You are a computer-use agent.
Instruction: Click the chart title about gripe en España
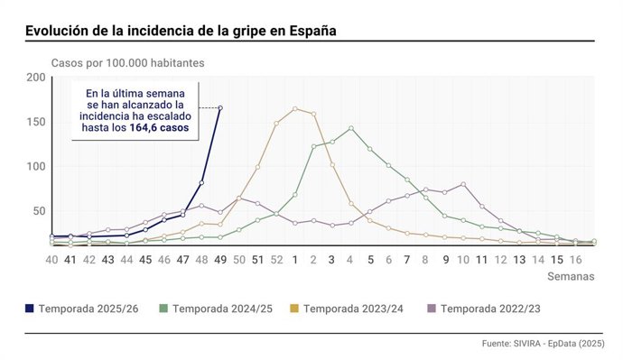click(181, 30)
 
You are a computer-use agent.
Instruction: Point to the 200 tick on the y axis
click(35, 78)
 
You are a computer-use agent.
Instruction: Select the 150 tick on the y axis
click(35, 122)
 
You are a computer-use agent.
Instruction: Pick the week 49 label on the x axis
click(220, 260)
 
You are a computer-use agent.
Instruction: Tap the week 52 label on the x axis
click(276, 260)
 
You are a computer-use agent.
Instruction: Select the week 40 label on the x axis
click(52, 260)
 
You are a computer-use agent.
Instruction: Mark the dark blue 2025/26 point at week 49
click(220, 108)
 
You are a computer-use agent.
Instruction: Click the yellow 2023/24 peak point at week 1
click(295, 109)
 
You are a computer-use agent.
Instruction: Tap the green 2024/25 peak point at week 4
click(351, 128)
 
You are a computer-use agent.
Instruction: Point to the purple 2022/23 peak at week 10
click(463, 184)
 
